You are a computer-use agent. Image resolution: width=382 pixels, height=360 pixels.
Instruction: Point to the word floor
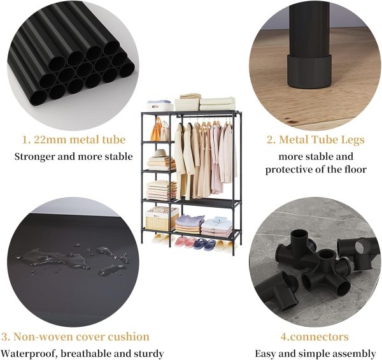(x=355, y=169)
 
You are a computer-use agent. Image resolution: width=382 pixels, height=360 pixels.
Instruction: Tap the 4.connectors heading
(x=315, y=337)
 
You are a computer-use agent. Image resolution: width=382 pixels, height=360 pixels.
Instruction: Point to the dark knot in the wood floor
(x=290, y=121)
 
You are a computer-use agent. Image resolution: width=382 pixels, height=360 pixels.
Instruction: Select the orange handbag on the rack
(x=156, y=130)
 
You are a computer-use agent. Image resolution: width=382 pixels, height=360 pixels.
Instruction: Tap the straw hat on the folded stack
(x=160, y=154)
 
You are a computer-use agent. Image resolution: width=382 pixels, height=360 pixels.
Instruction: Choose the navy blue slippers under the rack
(x=204, y=244)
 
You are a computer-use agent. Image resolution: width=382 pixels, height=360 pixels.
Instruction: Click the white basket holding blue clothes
(x=160, y=106)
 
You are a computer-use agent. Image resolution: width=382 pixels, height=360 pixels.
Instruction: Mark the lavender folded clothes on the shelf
(x=190, y=220)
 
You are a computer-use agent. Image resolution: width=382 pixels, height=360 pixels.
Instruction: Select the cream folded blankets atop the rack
(x=218, y=104)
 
